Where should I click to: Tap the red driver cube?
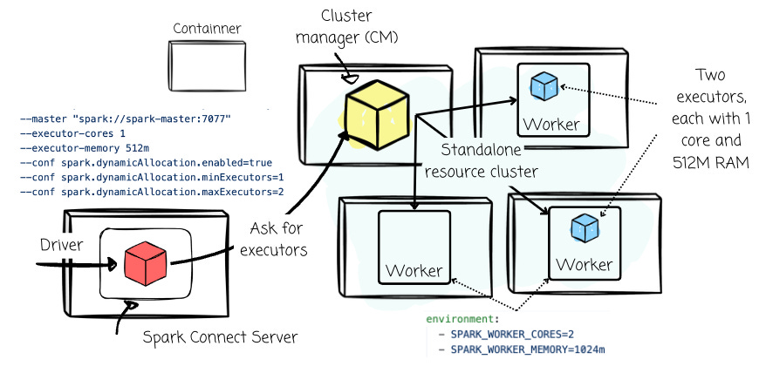tap(145, 262)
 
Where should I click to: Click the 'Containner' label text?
tap(207, 29)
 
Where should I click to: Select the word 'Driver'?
tap(61, 246)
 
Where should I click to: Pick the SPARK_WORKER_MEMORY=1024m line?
tap(527, 349)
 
